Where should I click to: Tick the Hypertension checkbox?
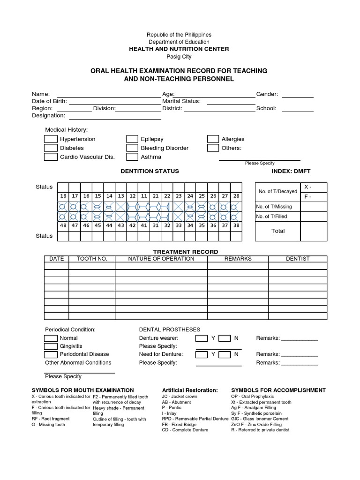click(x=51, y=139)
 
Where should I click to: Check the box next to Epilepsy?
click(x=132, y=139)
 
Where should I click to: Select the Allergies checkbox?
click(x=213, y=139)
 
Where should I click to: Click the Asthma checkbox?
click(x=132, y=157)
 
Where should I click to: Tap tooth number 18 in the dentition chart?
click(x=63, y=196)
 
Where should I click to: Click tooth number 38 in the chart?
click(x=236, y=225)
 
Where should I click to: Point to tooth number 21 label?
click(x=156, y=196)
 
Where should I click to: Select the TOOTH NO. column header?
click(x=92, y=259)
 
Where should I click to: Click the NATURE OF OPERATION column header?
click(x=161, y=259)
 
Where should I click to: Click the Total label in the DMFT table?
click(x=278, y=231)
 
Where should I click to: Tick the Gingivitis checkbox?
click(x=51, y=346)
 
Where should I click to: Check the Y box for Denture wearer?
click(x=201, y=338)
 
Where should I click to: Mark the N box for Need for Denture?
click(x=225, y=354)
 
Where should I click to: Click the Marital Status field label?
click(x=181, y=101)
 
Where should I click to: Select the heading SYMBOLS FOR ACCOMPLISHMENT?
click(x=278, y=390)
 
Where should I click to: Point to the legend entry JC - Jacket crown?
click(x=180, y=397)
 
